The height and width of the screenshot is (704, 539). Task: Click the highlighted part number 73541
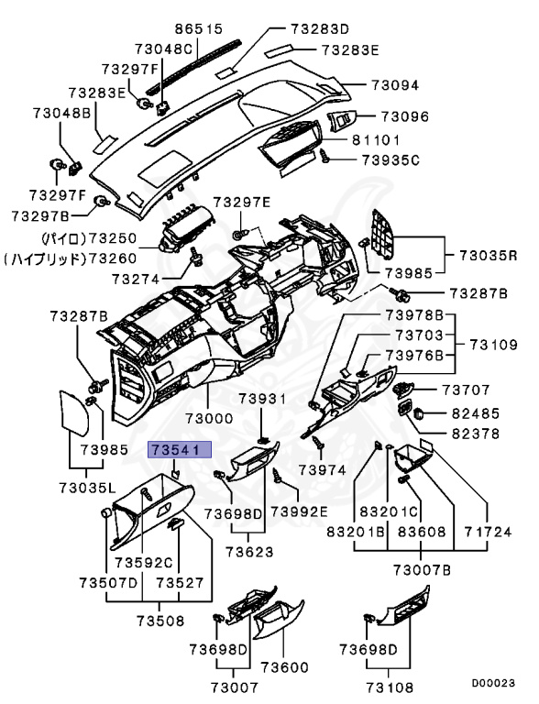pos(180,449)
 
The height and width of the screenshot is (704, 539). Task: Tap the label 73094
pos(394,85)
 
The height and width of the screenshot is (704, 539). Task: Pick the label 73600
pos(285,666)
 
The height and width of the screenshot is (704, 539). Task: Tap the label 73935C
pos(390,160)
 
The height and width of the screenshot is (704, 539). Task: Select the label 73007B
pos(422,570)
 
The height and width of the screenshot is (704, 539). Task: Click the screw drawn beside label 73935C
pos(325,159)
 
